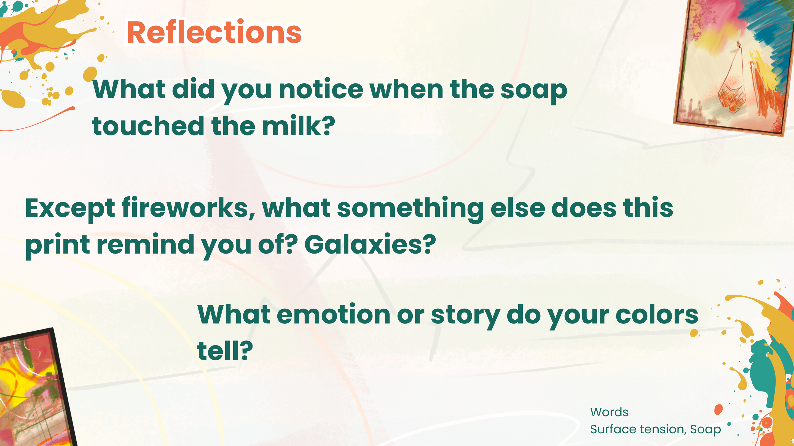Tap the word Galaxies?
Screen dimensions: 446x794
coord(370,245)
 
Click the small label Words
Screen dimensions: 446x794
coord(609,412)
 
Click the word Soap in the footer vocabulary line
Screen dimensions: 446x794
coord(705,429)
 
